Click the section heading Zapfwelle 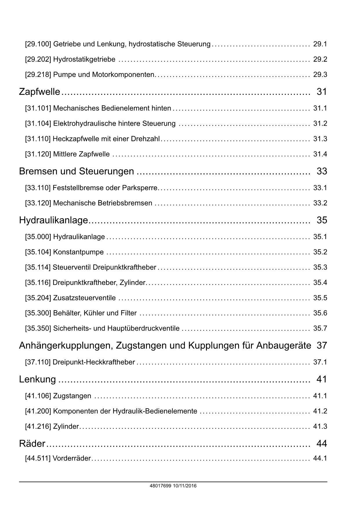click(39, 92)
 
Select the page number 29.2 click(320, 59)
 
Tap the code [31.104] click(38, 124)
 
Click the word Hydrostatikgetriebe click(84, 59)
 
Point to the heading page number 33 click(322, 171)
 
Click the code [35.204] click(38, 298)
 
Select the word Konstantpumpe click(78, 252)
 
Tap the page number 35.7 click(320, 328)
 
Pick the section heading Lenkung click(37, 379)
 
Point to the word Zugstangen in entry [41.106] click(72, 396)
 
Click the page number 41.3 click(320, 427)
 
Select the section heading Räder click(32, 443)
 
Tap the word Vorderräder click(72, 459)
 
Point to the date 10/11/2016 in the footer click(185, 486)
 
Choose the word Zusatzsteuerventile click(84, 298)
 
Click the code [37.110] click(38, 362)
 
